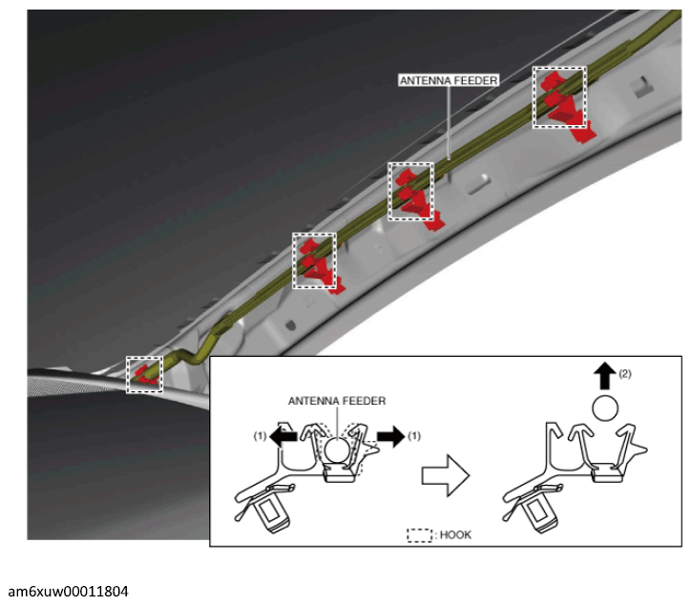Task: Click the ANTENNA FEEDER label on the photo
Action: tap(449, 80)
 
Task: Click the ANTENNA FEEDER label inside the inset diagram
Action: tap(337, 401)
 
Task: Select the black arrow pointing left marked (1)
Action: tap(283, 436)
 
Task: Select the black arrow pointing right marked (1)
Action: tap(391, 436)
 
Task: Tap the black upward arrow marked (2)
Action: tap(605, 375)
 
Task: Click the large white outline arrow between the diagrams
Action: tap(446, 475)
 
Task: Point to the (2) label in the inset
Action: tap(625, 374)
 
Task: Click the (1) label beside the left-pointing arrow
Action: tap(260, 436)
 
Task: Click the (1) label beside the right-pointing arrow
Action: tap(414, 436)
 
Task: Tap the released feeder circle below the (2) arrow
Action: tap(605, 408)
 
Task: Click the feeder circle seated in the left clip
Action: tap(338, 450)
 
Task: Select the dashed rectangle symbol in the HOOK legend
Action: tap(420, 535)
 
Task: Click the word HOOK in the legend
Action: tap(455, 535)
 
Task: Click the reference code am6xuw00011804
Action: tap(69, 591)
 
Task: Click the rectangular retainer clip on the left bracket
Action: tap(273, 513)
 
